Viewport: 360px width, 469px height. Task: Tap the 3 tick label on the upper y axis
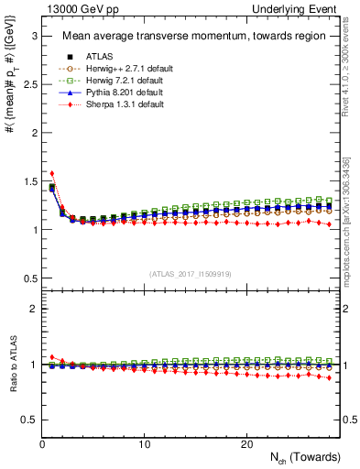(32, 36)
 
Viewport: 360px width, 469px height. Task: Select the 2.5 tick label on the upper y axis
(28, 84)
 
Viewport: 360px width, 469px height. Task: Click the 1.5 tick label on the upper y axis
(28, 181)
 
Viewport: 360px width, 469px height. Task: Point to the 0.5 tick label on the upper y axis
(28, 278)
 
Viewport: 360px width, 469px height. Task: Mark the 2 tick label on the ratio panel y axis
(32, 309)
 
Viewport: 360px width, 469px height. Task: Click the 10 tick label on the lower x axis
(145, 444)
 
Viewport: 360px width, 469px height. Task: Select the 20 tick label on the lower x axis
(246, 444)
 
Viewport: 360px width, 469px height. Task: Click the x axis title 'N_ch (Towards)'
(303, 457)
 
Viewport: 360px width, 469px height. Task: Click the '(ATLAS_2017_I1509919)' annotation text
(190, 272)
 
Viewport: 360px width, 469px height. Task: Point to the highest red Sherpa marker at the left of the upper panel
(52, 172)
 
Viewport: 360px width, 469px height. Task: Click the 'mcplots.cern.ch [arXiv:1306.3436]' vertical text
(348, 220)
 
